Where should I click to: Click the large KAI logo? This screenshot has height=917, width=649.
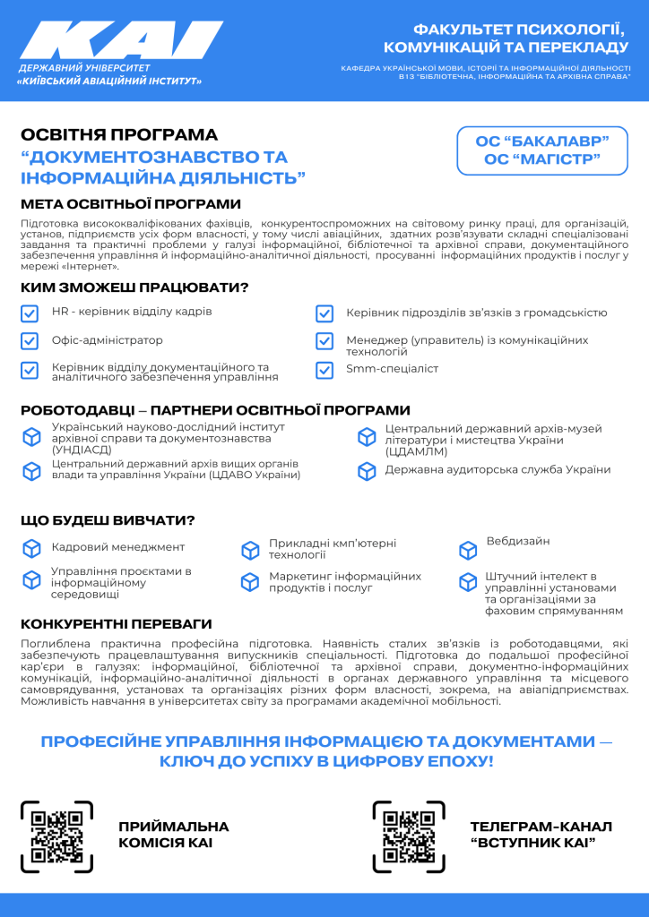(121, 43)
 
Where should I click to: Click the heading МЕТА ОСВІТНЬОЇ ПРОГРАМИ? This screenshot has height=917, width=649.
(131, 204)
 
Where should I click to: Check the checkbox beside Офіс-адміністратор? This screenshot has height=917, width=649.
(30, 341)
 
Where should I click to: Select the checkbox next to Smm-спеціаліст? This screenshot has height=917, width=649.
(324, 369)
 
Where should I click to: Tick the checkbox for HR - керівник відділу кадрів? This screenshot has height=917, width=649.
(30, 313)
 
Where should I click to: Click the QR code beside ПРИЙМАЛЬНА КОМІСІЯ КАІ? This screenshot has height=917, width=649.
(56, 836)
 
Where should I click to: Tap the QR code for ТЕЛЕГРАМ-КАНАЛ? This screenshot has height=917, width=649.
(408, 836)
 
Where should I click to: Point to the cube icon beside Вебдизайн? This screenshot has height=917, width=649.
(468, 550)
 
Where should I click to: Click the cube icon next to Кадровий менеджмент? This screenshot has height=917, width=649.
(31, 547)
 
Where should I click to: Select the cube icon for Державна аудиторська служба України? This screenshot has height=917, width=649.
(367, 471)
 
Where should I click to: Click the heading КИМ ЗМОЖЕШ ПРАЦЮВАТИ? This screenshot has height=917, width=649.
(134, 287)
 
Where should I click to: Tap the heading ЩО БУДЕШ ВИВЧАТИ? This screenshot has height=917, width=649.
(108, 520)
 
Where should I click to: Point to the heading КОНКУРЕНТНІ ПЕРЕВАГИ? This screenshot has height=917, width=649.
(116, 623)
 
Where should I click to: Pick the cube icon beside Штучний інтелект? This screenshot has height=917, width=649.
(468, 583)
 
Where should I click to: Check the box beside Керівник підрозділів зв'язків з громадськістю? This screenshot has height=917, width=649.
(324, 313)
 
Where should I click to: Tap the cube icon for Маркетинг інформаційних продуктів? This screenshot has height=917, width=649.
(250, 582)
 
